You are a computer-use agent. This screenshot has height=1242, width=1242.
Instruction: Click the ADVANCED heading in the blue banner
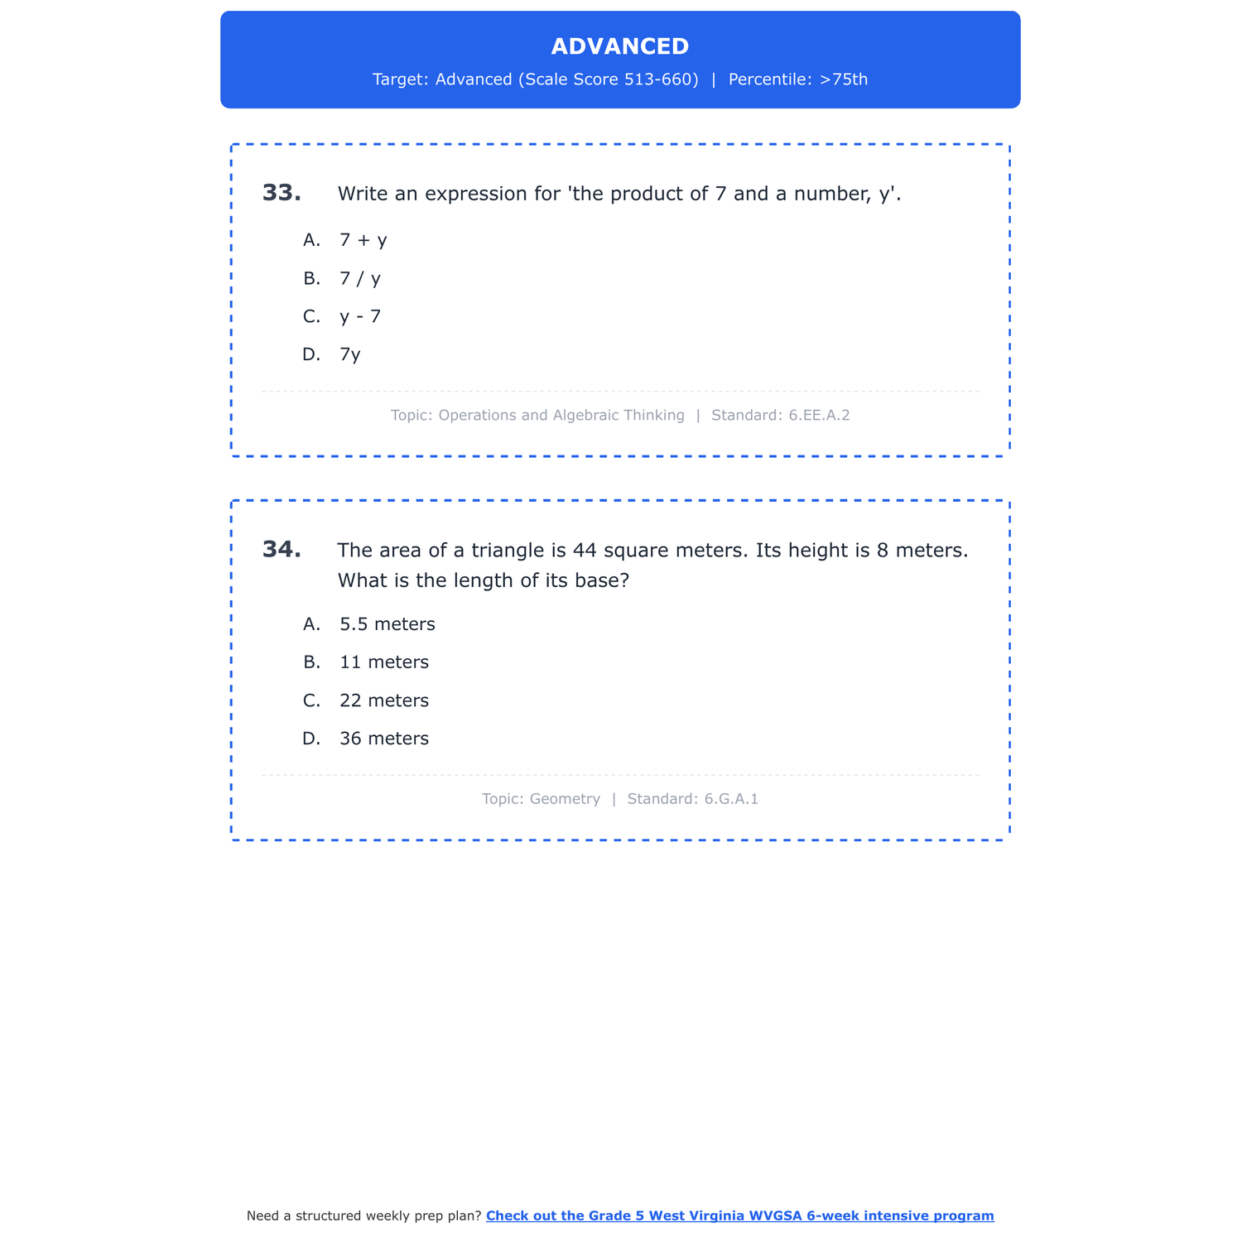(620, 46)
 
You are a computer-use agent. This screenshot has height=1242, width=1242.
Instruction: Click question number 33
(282, 193)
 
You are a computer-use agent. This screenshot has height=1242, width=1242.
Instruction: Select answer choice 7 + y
(363, 240)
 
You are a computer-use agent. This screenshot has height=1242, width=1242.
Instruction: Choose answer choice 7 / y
(360, 278)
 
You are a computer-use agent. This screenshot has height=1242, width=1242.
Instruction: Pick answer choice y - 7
(360, 316)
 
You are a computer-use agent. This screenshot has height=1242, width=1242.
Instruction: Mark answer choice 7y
(350, 354)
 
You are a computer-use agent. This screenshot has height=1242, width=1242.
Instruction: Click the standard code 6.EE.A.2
(819, 415)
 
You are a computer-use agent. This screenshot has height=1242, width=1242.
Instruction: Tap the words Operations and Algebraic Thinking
(561, 415)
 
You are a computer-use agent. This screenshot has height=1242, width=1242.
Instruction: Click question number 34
(282, 550)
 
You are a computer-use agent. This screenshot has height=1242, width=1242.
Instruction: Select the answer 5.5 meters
(387, 624)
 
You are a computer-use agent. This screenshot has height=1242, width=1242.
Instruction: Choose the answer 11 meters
(384, 662)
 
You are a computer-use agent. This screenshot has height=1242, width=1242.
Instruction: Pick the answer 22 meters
(384, 700)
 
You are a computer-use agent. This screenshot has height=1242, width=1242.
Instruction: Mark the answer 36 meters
(384, 739)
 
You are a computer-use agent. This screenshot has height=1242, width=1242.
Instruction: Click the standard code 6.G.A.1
(731, 799)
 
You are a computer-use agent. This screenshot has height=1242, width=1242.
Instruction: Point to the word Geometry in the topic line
(565, 799)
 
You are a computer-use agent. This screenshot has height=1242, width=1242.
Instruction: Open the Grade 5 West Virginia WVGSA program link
(739, 1216)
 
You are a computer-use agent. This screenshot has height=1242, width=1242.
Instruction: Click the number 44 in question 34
(585, 551)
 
